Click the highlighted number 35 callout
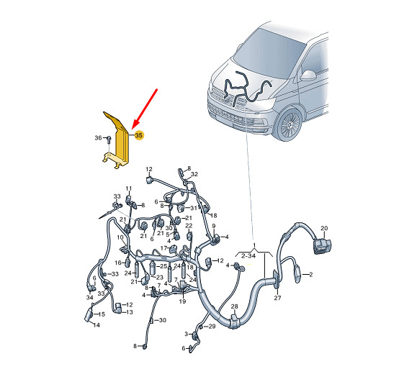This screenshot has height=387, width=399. pyautogui.click(x=139, y=135)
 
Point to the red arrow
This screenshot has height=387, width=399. pyautogui.click(x=145, y=108)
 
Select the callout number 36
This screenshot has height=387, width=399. pyautogui.click(x=98, y=137)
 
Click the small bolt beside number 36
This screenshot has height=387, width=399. pyautogui.click(x=109, y=139)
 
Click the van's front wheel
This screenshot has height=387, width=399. pyautogui.click(x=289, y=124)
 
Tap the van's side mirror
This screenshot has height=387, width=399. pyautogui.click(x=308, y=76)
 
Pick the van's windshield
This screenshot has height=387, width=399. pyautogui.click(x=270, y=53)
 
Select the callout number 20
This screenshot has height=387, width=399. pyautogui.click(x=324, y=228)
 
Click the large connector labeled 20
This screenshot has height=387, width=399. pyautogui.click(x=323, y=245)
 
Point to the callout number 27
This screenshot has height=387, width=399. pyautogui.click(x=277, y=298)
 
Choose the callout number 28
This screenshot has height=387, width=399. pyautogui.click(x=234, y=306)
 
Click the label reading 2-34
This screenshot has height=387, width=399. pyautogui.click(x=248, y=256)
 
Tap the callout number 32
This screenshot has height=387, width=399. pyautogui.click(x=194, y=174)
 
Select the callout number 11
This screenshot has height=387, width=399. pyautogui.click(x=129, y=188)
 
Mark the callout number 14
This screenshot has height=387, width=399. pyautogui.click(x=97, y=324)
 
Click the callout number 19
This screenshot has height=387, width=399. pyautogui.click(x=182, y=301)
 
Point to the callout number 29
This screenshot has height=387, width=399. pyautogui.click(x=212, y=327)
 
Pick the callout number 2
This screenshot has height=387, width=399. pyautogui.click(x=310, y=275)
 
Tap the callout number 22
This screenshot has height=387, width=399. pyautogui.click(x=189, y=226)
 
